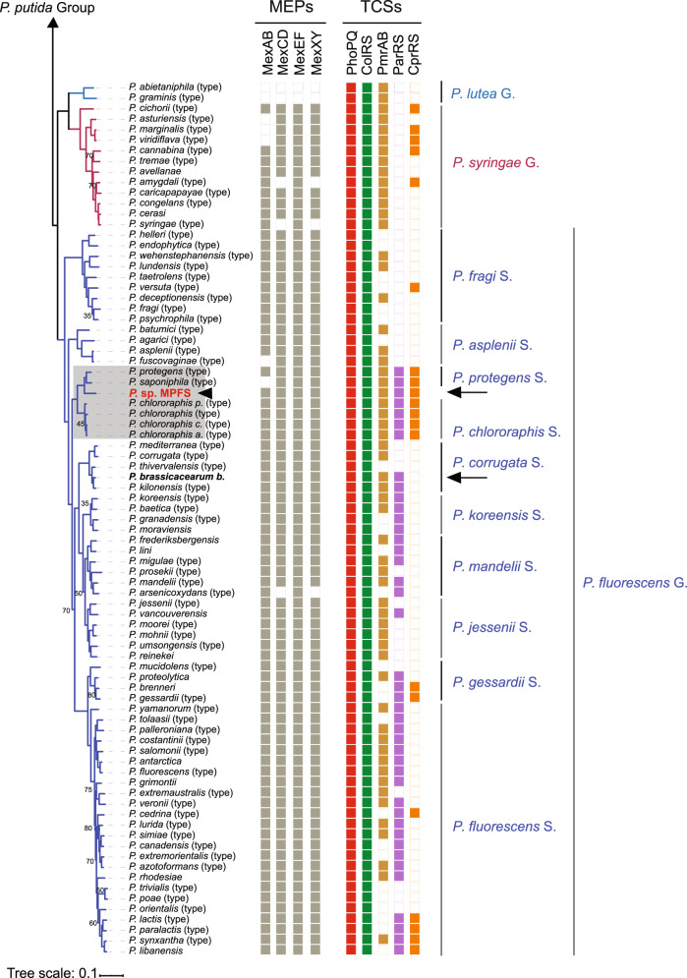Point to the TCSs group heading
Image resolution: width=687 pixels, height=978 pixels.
(x=382, y=12)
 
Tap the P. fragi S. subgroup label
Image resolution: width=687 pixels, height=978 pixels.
(x=483, y=277)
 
